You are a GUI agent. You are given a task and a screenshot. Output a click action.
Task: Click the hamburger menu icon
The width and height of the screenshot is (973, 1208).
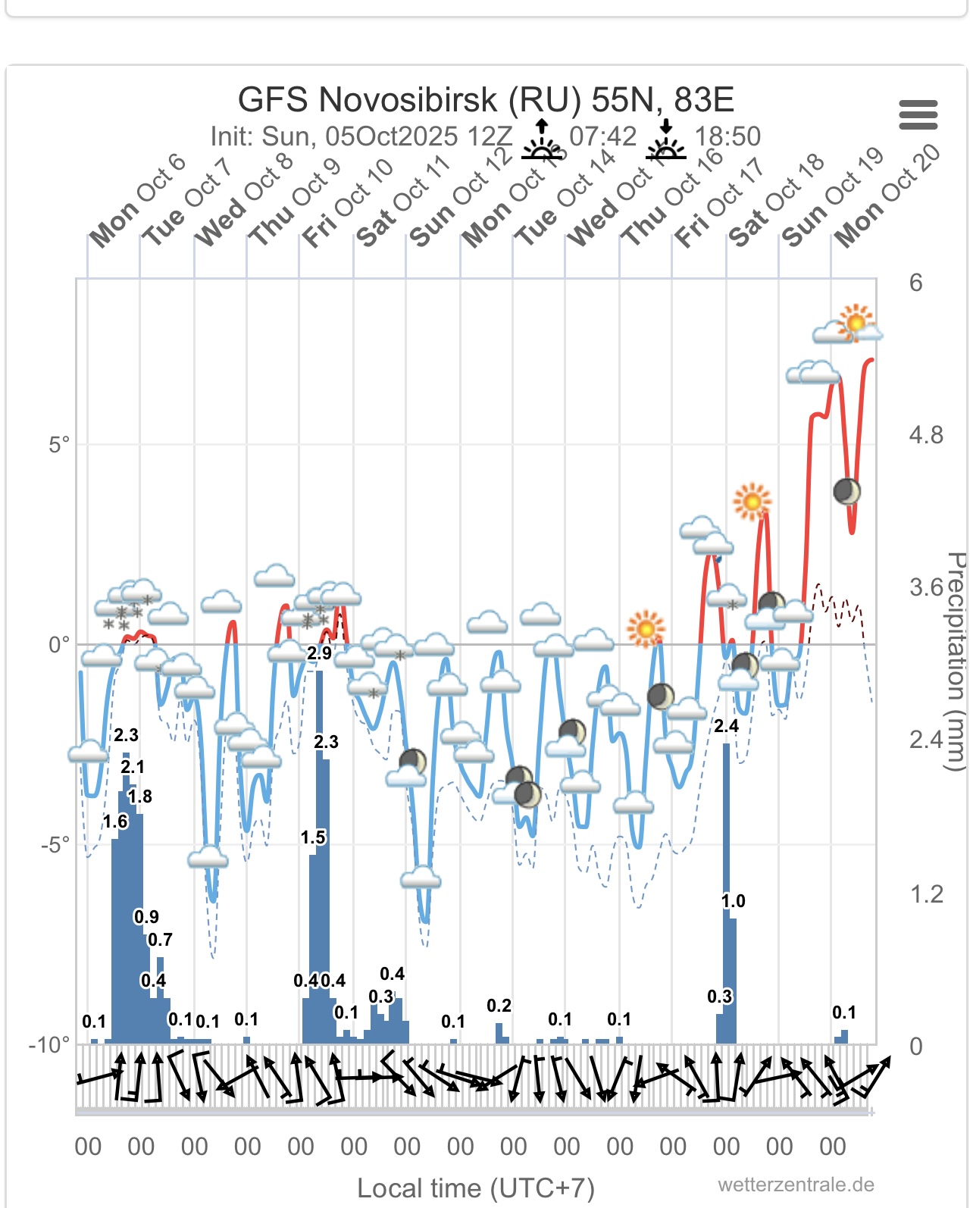918,115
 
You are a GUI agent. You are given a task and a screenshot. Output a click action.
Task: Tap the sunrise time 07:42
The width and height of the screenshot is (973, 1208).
602,136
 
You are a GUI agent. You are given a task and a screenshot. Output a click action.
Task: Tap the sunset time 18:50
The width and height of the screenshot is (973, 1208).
727,136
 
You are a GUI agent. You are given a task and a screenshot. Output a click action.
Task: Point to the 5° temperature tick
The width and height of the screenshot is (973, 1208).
59,444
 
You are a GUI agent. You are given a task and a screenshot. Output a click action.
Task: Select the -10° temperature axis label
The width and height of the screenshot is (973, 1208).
49,1045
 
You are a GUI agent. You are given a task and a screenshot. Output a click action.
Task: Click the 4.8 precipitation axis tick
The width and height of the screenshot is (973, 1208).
926,436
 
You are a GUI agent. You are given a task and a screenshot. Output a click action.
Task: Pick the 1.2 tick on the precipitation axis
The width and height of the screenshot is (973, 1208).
926,895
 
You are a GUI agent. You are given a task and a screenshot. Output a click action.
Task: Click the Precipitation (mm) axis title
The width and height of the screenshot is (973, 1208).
956,661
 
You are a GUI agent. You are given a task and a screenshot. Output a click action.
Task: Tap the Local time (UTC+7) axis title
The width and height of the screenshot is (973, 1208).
476,1188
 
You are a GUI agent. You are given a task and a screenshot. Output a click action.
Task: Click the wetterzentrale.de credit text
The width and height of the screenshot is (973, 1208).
796,1185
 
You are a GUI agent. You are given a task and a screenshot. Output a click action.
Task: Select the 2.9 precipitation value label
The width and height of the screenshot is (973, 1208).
319,653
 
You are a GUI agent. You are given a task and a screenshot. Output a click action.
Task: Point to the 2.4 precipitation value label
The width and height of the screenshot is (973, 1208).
726,726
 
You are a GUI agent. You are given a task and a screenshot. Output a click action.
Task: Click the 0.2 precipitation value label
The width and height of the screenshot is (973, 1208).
499,1006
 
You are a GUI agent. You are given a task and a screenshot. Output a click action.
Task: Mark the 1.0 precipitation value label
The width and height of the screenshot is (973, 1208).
733,901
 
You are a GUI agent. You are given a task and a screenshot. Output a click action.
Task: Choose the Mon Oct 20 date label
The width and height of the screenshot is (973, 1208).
887,197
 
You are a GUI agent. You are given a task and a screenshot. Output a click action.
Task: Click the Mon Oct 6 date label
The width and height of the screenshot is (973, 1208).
137,201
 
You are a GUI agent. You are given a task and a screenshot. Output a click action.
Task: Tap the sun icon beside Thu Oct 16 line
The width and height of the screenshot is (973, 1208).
646,628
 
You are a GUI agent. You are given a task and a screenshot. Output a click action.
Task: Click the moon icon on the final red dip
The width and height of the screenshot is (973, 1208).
846,491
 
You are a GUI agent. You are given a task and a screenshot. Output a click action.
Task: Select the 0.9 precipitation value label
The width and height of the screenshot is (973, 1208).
146,917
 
